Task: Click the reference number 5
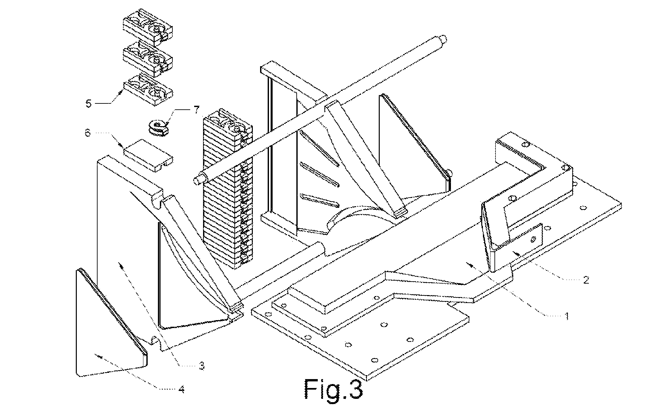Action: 88,104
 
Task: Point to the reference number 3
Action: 201,365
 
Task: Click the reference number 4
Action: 181,389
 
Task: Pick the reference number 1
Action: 567,317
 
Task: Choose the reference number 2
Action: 585,280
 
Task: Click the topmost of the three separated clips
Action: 147,27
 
